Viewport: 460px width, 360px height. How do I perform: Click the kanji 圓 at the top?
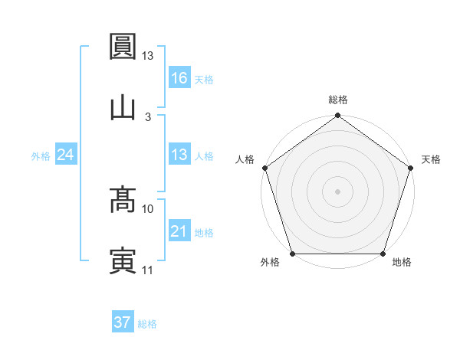pyautogui.click(x=123, y=48)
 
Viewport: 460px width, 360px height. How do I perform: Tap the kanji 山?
pyautogui.click(x=123, y=108)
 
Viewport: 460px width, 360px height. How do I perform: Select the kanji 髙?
pyautogui.click(x=123, y=200)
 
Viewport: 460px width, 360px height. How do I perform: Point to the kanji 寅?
pyautogui.click(x=123, y=260)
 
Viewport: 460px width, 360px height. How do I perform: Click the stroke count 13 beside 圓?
pyautogui.click(x=148, y=56)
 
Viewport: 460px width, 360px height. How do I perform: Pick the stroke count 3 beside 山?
pyautogui.click(x=148, y=116)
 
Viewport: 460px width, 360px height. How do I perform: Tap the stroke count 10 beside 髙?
pyautogui.click(x=148, y=208)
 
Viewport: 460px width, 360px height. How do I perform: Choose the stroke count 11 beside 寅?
pyautogui.click(x=148, y=269)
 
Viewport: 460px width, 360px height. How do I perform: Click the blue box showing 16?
pyautogui.click(x=179, y=77)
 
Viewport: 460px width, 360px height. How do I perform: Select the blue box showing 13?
pyautogui.click(x=179, y=155)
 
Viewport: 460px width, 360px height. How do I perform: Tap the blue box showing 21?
pyautogui.click(x=179, y=231)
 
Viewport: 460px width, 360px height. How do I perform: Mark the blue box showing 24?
pyautogui.click(x=65, y=155)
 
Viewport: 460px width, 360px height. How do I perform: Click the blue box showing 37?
pyautogui.click(x=122, y=322)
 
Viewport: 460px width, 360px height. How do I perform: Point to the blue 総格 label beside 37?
pyautogui.click(x=147, y=324)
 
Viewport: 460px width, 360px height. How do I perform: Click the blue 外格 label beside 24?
pyautogui.click(x=41, y=155)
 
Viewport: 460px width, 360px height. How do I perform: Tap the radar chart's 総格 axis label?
pyautogui.click(x=338, y=100)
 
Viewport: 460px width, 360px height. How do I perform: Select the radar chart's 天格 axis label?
pyautogui.click(x=431, y=159)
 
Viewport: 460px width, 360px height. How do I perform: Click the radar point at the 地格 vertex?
pyautogui.click(x=383, y=254)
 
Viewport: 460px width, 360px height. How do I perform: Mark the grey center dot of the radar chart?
pyautogui.click(x=338, y=191)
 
